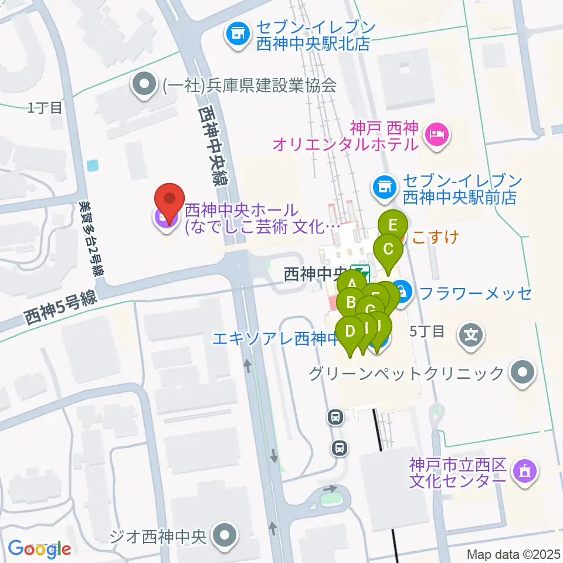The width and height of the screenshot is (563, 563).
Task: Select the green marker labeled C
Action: [388, 249]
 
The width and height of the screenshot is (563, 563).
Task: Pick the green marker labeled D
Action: [351, 332]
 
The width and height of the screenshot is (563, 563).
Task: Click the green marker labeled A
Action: [352, 284]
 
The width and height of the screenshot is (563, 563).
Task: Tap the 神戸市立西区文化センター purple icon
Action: [523, 470]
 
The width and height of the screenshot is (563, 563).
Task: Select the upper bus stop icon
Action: [335, 418]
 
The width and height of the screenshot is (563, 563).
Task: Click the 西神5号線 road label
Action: [60, 308]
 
